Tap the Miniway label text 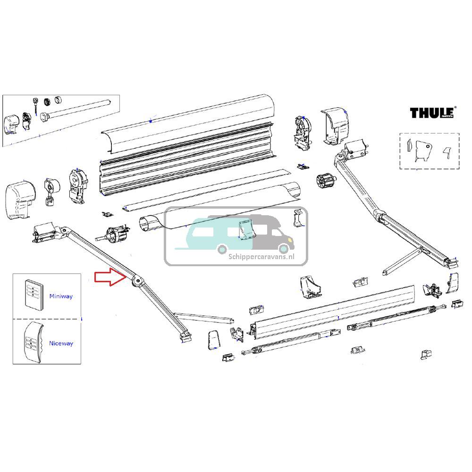61,296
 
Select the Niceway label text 61,344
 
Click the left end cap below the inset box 22,199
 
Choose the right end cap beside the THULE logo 336,125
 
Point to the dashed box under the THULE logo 429,151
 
